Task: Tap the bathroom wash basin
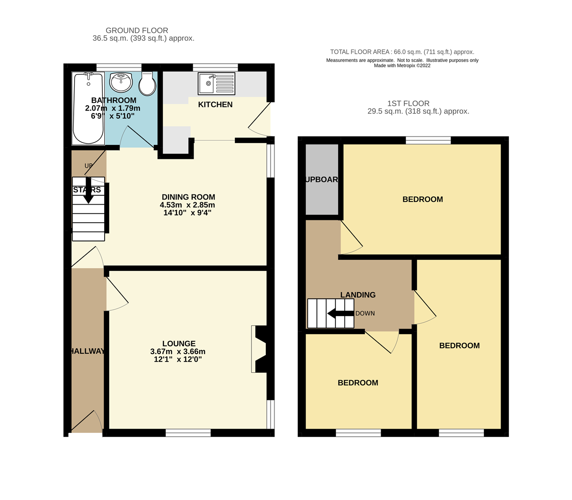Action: (121, 82)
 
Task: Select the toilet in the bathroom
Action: (147, 83)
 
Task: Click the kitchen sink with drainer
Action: (216, 84)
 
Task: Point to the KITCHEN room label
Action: (215, 105)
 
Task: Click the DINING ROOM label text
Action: (188, 197)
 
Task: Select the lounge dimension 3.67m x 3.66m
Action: (178, 352)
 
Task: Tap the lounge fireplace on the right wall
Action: (259, 349)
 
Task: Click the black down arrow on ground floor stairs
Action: (88, 191)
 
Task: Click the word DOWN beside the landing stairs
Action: (365, 313)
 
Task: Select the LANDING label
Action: (358, 295)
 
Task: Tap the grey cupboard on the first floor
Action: (322, 180)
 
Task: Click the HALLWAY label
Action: (88, 351)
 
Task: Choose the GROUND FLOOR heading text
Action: (137, 31)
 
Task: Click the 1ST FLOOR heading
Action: (408, 104)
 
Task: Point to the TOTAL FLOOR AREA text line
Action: (402, 52)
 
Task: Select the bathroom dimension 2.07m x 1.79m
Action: (113, 108)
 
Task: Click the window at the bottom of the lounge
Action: (188, 433)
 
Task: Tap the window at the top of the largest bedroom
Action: (428, 140)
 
